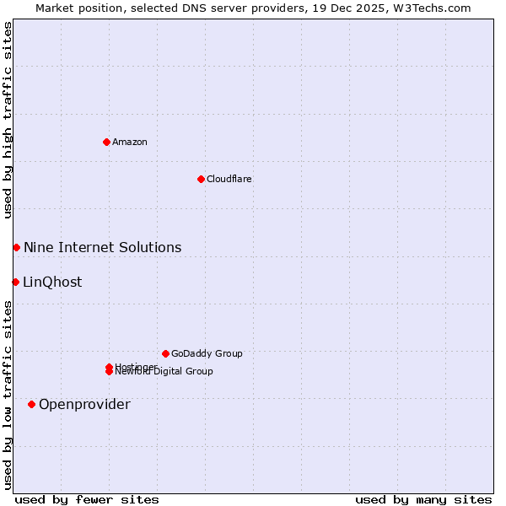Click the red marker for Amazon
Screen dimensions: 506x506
106,142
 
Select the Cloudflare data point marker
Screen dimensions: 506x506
201,179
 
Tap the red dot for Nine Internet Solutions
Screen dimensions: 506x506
16,247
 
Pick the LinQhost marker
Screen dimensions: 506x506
15,282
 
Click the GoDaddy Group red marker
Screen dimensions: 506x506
165,353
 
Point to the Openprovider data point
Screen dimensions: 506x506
31,404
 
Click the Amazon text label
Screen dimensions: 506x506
130,142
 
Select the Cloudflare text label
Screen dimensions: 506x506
229,179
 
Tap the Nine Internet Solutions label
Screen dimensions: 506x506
102,247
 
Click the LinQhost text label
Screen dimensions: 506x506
52,282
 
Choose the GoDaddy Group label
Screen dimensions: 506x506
207,353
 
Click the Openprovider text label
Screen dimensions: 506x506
84,404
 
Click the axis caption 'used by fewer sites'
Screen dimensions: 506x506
86,499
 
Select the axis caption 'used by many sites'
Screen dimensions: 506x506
423,499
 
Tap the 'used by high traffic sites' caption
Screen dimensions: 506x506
8,120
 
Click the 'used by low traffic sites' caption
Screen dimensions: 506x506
8,394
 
